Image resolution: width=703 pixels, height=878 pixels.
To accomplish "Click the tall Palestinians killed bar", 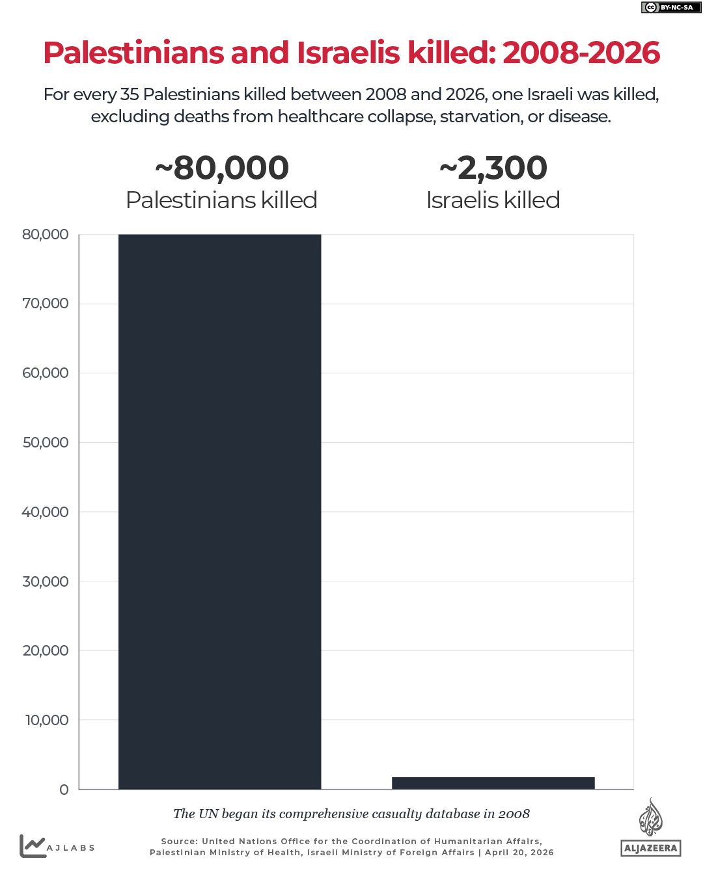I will pyautogui.click(x=219, y=511).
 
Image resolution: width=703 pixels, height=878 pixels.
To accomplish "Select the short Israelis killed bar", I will pyautogui.click(x=493, y=783).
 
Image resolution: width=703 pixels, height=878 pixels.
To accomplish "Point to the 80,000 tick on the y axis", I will pyautogui.click(x=46, y=235).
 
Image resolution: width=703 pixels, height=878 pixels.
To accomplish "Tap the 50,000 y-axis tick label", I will pyautogui.click(x=46, y=443).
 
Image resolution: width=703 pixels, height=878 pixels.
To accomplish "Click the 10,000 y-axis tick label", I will pyautogui.click(x=47, y=721).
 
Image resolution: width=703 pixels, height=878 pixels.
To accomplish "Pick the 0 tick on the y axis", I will pyautogui.click(x=64, y=790).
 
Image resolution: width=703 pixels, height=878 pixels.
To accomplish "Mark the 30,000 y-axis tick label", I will pyautogui.click(x=46, y=581).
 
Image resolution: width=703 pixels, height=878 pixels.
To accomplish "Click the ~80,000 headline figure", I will pyautogui.click(x=222, y=168).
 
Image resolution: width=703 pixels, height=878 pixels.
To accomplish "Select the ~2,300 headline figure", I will pyautogui.click(x=493, y=168).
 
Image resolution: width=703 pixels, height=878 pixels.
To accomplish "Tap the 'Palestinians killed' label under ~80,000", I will pyautogui.click(x=221, y=200).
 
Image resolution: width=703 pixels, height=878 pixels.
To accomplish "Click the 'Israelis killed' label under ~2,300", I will pyautogui.click(x=493, y=200).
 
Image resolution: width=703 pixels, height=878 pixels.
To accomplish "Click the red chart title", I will pyautogui.click(x=351, y=53).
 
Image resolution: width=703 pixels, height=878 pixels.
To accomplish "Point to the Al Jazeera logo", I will pyautogui.click(x=650, y=827).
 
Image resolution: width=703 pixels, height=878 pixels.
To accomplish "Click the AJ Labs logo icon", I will pyautogui.click(x=32, y=845).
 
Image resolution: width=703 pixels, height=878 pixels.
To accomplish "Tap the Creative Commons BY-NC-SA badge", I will pyautogui.click(x=668, y=8).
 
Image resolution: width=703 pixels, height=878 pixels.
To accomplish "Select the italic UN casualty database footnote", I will pyautogui.click(x=351, y=814).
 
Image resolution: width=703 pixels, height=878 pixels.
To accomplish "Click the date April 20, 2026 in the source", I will pyautogui.click(x=519, y=853).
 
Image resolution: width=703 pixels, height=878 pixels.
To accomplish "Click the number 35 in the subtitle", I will pyautogui.click(x=130, y=95).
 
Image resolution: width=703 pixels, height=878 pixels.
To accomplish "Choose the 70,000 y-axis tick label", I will pyautogui.click(x=46, y=304).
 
